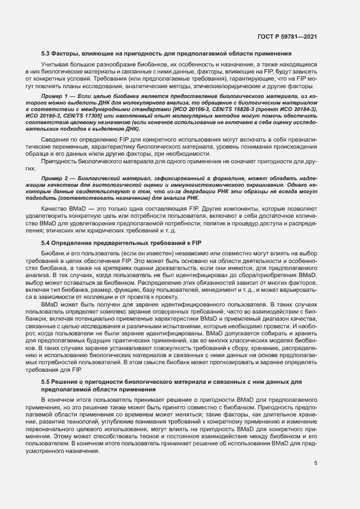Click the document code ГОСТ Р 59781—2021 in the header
[287, 36]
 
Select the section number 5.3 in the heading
[46, 53]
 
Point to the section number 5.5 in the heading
[46, 382]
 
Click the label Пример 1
[54, 96]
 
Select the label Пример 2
[54, 178]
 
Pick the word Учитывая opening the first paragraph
[54, 65]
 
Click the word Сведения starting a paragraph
[54, 140]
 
